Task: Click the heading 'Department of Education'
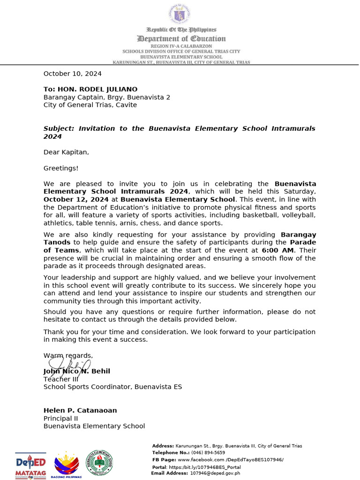[x=181, y=38]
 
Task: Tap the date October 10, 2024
[x=72, y=74]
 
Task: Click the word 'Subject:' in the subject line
[x=59, y=128]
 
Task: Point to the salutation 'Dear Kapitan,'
[x=66, y=152]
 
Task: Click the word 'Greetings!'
[x=61, y=168]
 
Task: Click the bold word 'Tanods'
[x=57, y=242]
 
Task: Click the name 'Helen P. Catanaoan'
[x=80, y=411]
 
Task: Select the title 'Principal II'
[x=60, y=419]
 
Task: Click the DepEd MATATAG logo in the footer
[x=30, y=465]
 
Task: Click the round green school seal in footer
[x=99, y=463]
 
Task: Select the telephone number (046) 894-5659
[x=208, y=453]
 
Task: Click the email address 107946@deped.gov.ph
[x=215, y=473]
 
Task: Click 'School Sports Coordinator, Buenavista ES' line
[x=112, y=387]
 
